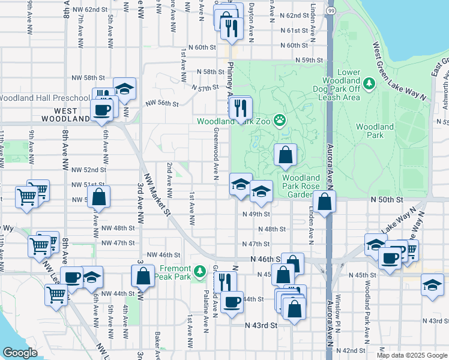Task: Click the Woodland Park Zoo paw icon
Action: (279, 121)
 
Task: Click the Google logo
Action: (20, 352)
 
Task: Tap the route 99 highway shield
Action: (331, 11)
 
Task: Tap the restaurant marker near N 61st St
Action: (231, 27)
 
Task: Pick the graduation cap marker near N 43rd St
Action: (432, 284)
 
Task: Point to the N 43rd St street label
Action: (261, 325)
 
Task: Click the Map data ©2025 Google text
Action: (411, 355)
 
